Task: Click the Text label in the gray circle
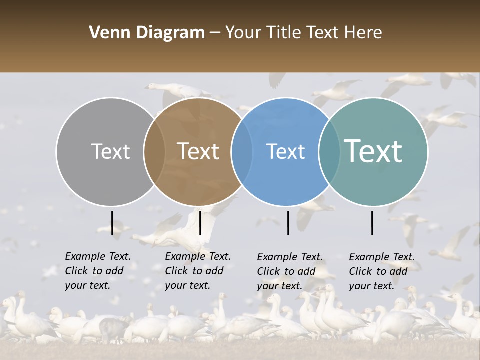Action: pyautogui.click(x=110, y=151)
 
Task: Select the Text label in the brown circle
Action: pyautogui.click(x=198, y=151)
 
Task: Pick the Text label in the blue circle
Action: pyautogui.click(x=286, y=151)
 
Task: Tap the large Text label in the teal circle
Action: pyautogui.click(x=373, y=151)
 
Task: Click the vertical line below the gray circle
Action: pyautogui.click(x=112, y=223)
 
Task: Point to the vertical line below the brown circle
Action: pyautogui.click(x=200, y=223)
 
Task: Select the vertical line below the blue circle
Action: pyautogui.click(x=288, y=223)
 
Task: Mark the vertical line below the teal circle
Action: pyautogui.click(x=372, y=223)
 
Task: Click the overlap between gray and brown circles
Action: pyautogui.click(x=154, y=151)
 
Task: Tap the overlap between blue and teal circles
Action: pyautogui.click(x=328, y=151)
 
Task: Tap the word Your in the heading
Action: pyautogui.click(x=243, y=33)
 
